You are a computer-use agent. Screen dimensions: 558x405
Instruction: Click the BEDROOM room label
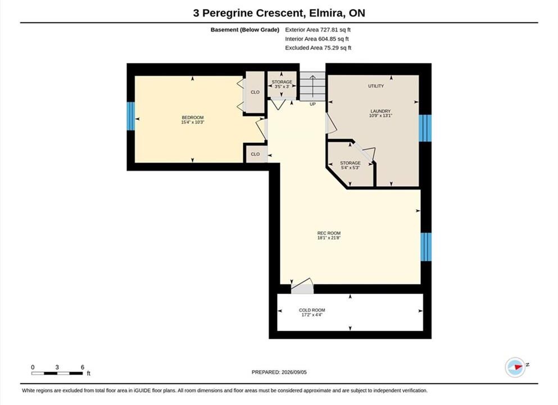tap(193, 118)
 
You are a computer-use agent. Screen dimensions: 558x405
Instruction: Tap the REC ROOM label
tap(329, 233)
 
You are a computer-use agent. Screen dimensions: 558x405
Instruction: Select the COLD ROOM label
tap(312, 310)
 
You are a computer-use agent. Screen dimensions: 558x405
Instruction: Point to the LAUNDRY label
tap(380, 111)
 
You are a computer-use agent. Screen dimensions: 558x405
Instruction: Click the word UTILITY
tap(376, 86)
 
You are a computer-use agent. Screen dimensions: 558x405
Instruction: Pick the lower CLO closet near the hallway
tap(255, 154)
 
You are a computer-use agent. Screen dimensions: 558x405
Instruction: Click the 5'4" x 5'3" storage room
tap(351, 165)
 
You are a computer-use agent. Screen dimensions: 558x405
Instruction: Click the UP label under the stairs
tap(312, 104)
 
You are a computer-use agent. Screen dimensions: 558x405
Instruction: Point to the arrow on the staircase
tap(312, 86)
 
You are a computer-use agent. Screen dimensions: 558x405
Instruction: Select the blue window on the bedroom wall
tap(131, 116)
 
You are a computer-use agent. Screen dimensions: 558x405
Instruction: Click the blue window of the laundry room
tap(425, 128)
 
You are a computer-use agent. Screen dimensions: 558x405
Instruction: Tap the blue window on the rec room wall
tap(425, 247)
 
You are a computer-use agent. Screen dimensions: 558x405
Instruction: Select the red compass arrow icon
tap(518, 367)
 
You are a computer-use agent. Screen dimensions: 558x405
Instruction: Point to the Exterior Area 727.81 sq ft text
tap(318, 30)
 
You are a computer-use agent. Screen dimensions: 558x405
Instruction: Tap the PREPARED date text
tap(279, 372)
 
